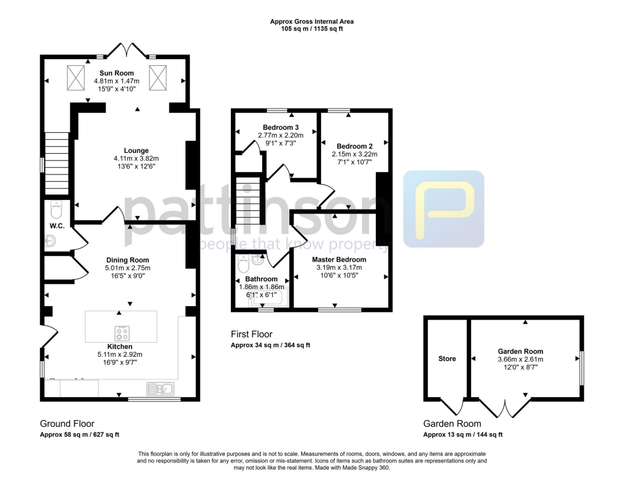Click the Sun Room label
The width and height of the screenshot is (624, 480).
click(x=113, y=73)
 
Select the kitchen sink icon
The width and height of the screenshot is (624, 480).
click(x=160, y=387)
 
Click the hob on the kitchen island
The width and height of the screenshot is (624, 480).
click(x=122, y=333)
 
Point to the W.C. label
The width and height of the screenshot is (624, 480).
click(x=57, y=226)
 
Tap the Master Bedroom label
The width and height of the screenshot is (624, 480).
click(x=341, y=259)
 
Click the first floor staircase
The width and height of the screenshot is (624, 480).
click(x=247, y=201)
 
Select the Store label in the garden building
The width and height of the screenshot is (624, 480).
click(x=447, y=359)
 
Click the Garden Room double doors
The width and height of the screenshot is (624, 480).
click(x=503, y=407)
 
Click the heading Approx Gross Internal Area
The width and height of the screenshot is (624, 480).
click(x=311, y=21)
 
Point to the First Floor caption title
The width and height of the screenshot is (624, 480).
click(x=251, y=334)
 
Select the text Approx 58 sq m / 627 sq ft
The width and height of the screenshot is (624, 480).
click(x=79, y=435)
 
